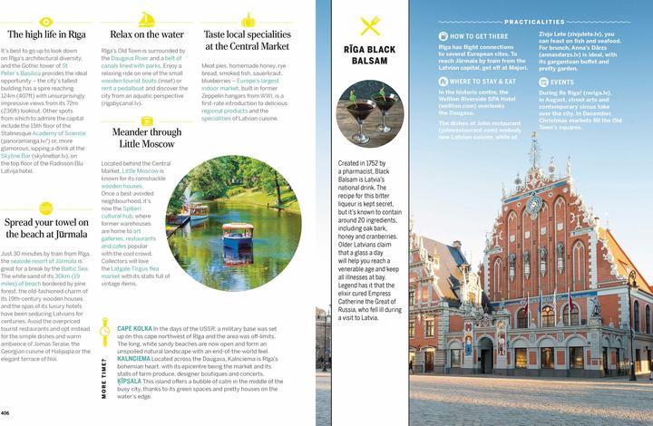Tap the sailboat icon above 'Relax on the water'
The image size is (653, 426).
[146, 18]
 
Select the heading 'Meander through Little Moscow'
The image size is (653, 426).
[146, 137]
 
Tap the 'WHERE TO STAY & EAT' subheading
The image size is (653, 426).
[483, 82]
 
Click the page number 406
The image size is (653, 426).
[6, 413]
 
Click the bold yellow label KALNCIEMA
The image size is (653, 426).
[135, 358]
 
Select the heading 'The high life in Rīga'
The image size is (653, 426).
[44, 34]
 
